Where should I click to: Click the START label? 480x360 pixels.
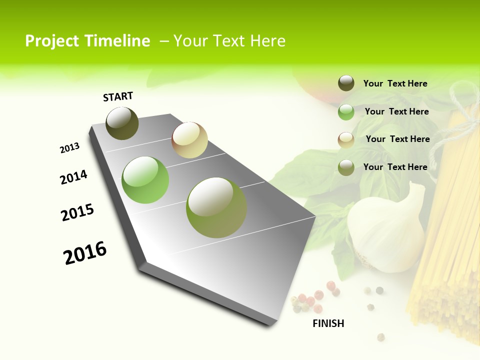tap(118, 96)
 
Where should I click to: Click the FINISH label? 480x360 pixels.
tap(328, 323)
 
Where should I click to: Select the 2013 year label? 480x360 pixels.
tap(69, 148)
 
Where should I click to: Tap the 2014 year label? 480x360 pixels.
tap(73, 177)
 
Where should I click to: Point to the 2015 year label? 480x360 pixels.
tap(77, 212)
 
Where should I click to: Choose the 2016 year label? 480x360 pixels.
tap(85, 253)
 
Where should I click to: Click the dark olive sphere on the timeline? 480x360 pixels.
tap(122, 123)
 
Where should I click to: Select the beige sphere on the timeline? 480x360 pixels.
tap(189, 140)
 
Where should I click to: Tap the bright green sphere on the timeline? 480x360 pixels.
tap(145, 180)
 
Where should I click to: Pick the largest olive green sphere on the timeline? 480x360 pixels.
tap(216, 207)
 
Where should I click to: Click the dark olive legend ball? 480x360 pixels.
tap(346, 83)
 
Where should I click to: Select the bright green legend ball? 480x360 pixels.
tap(346, 112)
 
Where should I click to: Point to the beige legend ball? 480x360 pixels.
tap(346, 140)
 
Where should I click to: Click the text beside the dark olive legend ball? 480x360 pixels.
tap(395, 83)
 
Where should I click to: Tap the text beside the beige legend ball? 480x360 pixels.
tap(397, 139)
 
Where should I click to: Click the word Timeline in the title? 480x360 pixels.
tap(117, 41)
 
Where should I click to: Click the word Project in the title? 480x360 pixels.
tap(52, 41)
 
